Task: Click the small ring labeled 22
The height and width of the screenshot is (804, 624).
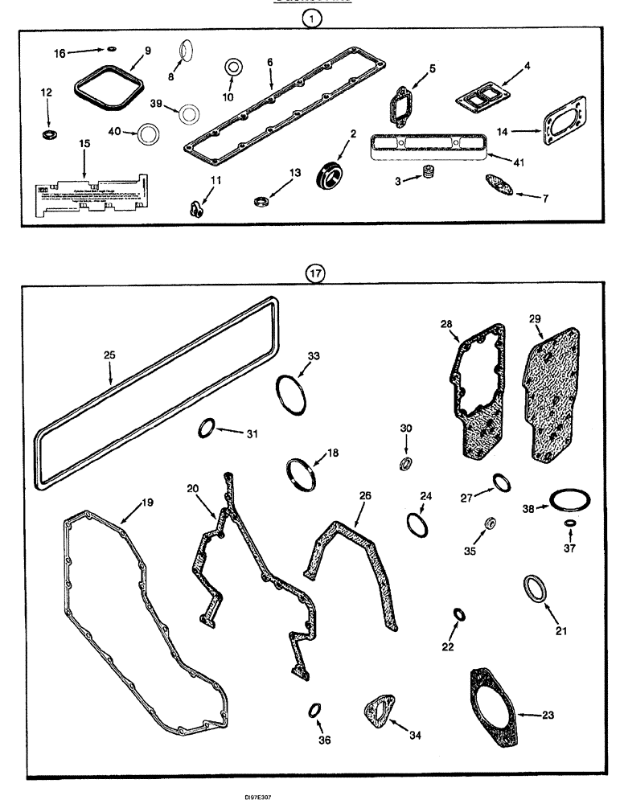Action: click(458, 615)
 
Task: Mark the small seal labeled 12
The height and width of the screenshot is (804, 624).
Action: click(50, 131)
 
